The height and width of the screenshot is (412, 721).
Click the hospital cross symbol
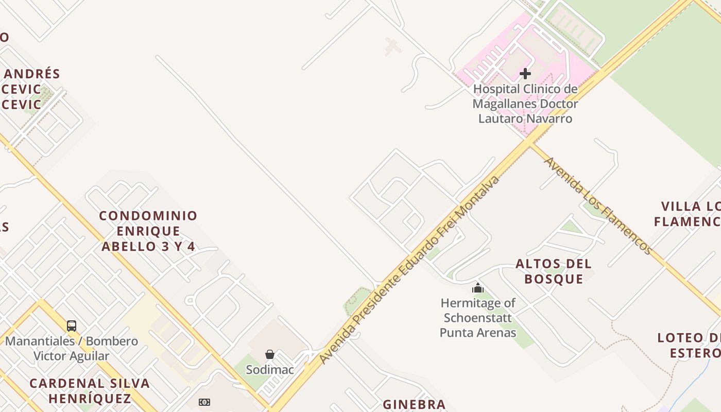click(525, 74)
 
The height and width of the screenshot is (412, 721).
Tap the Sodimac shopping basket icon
click(270, 354)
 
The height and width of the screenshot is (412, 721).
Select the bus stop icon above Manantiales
click(72, 325)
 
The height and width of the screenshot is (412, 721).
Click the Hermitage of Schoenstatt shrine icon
click(478, 288)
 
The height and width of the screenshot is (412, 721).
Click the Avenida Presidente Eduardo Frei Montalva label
click(409, 270)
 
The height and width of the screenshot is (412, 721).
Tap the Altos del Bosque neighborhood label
click(554, 271)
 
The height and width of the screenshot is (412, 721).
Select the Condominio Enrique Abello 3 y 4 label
click(148, 231)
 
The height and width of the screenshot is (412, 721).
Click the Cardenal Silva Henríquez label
click(90, 391)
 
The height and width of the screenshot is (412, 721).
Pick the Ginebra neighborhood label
click(414, 404)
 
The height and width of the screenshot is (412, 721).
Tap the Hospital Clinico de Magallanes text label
click(525, 104)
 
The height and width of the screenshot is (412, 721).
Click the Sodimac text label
click(270, 370)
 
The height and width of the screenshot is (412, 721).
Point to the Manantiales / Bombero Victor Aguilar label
click(72, 349)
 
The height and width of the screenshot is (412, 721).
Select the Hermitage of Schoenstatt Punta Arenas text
click(478, 318)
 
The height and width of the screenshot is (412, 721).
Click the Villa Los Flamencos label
click(688, 214)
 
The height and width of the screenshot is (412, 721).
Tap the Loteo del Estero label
click(689, 346)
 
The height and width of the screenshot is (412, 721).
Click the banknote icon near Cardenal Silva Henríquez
click(204, 402)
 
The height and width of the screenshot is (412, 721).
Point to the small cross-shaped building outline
click(392, 46)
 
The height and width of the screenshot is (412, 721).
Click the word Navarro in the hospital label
click(552, 118)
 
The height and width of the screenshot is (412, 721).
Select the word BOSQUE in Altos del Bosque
click(554, 279)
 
